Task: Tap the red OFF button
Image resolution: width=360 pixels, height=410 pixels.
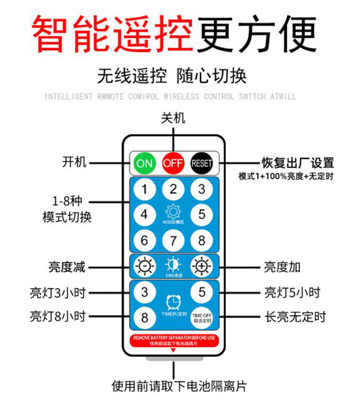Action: coord(173,163)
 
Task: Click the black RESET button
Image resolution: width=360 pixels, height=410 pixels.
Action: coord(202,163)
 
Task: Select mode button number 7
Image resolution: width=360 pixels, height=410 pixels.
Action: coord(173,240)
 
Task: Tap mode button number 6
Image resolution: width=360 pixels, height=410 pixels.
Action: coord(144,240)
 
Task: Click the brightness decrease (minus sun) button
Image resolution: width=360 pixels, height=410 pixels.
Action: coord(144,266)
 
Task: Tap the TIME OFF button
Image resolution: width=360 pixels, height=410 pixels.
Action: coord(202,317)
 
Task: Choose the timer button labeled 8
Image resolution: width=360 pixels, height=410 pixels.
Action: coord(144,317)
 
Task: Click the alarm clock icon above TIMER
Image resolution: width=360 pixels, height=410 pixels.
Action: coord(173,302)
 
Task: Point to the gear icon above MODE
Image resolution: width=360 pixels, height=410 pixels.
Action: coord(173,212)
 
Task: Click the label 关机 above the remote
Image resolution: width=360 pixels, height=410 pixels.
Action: coord(173,118)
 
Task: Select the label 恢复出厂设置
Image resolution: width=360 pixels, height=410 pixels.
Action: coord(298,163)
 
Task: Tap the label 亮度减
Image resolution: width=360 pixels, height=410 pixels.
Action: coord(67,267)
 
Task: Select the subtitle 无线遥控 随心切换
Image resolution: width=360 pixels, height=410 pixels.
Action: coord(172,76)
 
